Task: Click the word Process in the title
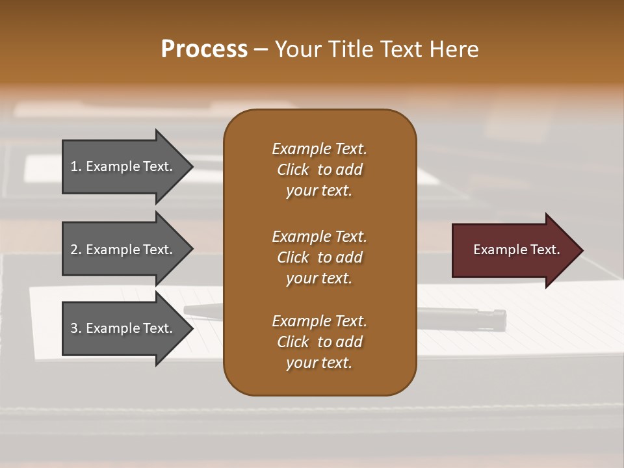pos(204,49)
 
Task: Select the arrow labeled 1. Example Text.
pos(123,166)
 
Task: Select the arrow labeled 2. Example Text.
pos(123,250)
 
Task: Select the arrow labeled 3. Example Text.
pos(123,328)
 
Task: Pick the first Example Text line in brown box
pos(319,149)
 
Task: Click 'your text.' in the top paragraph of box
pos(319,191)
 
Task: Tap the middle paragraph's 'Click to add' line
pos(319,257)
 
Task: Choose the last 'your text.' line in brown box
pos(319,363)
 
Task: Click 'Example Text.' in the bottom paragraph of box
pos(319,321)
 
